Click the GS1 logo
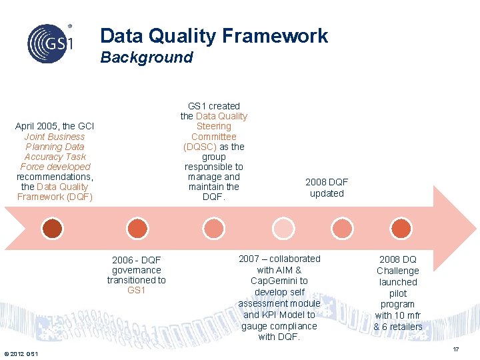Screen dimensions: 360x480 pyautogui.click(x=49, y=43)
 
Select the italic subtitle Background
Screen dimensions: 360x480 pyautogui.click(x=146, y=57)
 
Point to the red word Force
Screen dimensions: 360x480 pyautogui.click(x=33, y=167)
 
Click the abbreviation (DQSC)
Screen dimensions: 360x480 pyautogui.click(x=200, y=147)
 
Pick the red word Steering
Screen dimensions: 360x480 pyautogui.click(x=213, y=126)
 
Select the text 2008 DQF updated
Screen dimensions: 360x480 pyautogui.click(x=327, y=188)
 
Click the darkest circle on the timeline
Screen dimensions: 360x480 pyautogui.click(x=53, y=228)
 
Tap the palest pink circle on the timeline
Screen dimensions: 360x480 pyautogui.click(x=283, y=228)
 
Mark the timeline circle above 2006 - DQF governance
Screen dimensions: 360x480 pyautogui.click(x=137, y=228)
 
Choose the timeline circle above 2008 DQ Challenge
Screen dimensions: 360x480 pyautogui.click(x=400, y=228)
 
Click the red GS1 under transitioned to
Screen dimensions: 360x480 pyautogui.click(x=136, y=290)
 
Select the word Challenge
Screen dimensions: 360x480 pyautogui.click(x=397, y=271)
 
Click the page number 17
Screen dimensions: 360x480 pyautogui.click(x=456, y=349)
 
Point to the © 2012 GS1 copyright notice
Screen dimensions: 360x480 pyautogui.click(x=21, y=353)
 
